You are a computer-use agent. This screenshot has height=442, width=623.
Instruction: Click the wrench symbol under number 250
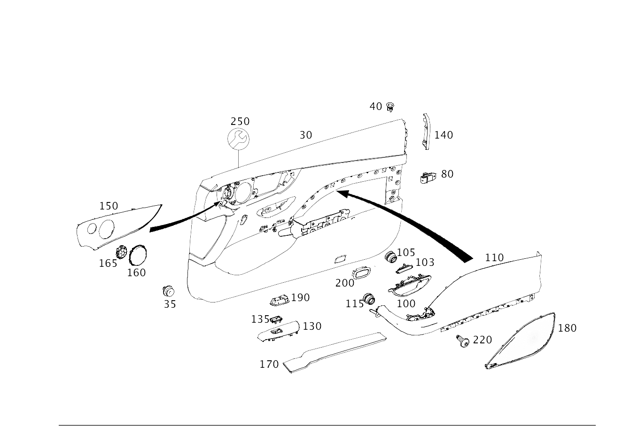(238, 139)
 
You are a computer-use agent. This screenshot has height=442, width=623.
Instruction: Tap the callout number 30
(305, 135)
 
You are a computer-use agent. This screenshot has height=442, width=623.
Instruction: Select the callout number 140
(443, 135)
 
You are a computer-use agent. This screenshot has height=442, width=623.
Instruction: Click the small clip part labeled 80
(429, 177)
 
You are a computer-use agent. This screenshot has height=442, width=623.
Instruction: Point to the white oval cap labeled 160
(138, 256)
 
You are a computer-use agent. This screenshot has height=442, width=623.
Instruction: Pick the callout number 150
(109, 206)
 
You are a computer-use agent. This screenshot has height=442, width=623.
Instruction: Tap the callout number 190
(300, 298)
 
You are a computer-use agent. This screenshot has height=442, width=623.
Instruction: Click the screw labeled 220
(463, 341)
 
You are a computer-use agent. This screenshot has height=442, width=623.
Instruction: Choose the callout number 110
(494, 257)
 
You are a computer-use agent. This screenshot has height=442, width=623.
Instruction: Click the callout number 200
(344, 283)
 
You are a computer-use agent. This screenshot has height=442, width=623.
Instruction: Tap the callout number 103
(425, 262)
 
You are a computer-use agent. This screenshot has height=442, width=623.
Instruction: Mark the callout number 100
(406, 303)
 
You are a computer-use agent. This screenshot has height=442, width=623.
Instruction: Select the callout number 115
(354, 304)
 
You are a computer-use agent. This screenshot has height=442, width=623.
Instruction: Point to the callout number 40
(376, 107)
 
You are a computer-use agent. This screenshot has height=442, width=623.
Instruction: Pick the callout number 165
(108, 263)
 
